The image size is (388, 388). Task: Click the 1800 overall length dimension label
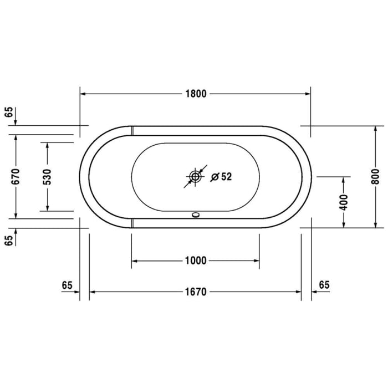pos(195,94)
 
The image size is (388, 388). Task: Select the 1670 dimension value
pos(195,292)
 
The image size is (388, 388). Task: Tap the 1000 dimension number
pos(195,261)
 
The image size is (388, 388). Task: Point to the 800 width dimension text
pos(376,176)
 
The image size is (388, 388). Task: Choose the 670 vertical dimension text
pos(16,176)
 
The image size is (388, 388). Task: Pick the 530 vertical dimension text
pos(47,176)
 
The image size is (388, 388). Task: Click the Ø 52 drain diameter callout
pos(221,177)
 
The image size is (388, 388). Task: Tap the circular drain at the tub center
pos(195,177)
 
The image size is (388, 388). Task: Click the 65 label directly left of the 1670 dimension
pos(67,285)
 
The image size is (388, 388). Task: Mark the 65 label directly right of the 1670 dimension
pos(324,285)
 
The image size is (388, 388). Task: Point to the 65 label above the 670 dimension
pos(8,111)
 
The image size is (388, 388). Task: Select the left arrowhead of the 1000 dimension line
pos(135,261)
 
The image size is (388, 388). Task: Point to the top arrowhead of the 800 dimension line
pos(376,129)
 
